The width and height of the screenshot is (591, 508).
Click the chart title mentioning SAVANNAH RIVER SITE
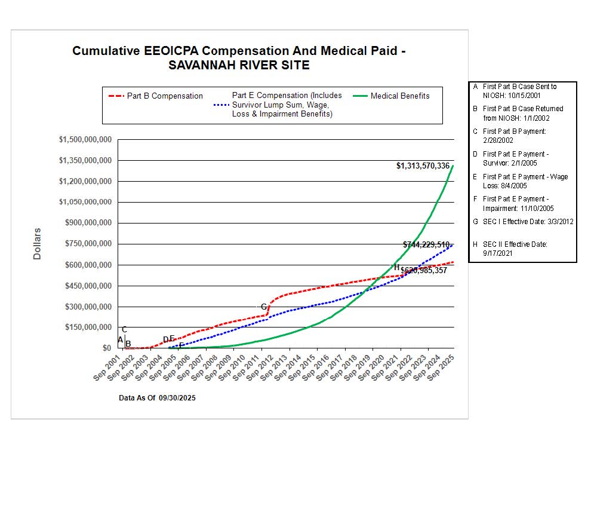(x=239, y=58)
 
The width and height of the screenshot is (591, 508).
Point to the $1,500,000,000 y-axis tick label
(x=85, y=140)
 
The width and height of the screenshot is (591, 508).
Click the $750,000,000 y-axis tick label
(x=85, y=244)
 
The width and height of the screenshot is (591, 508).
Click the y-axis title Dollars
(x=37, y=243)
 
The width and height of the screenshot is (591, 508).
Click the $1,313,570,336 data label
(x=423, y=166)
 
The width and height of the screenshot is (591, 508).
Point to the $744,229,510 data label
(x=426, y=244)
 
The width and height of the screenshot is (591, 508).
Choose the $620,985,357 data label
(x=424, y=271)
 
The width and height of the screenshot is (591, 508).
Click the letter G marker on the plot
(x=264, y=307)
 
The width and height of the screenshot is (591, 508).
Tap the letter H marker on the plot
(x=396, y=267)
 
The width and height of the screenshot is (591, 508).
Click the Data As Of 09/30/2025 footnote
(x=157, y=398)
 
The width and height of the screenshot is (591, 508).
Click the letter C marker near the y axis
(x=124, y=330)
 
